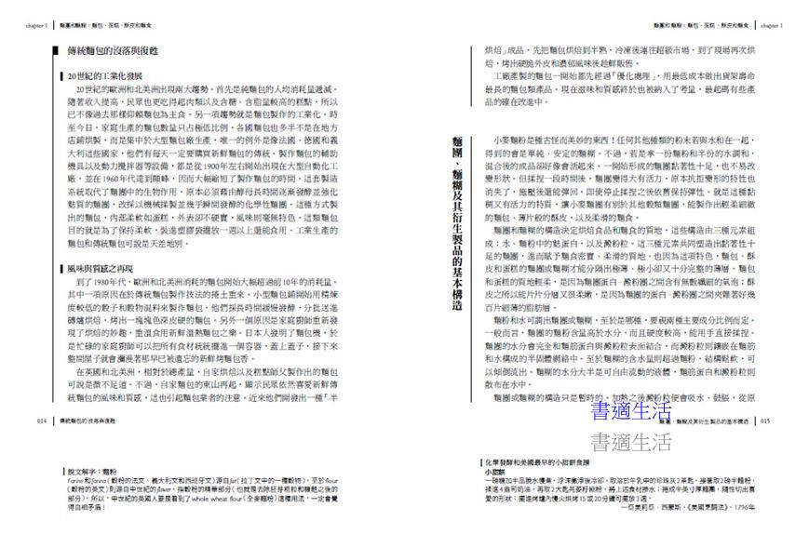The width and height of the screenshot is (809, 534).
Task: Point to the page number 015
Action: coord(764,421)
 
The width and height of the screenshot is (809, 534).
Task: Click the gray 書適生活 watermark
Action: coord(631,440)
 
